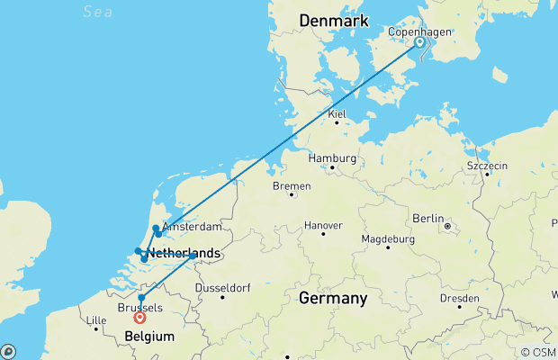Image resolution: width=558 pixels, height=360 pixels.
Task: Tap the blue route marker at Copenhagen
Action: (419, 41)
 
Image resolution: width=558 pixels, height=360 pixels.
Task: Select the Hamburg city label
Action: (331, 157)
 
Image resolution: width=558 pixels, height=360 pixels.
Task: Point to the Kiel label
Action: (337, 114)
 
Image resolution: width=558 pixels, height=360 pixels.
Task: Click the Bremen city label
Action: (292, 186)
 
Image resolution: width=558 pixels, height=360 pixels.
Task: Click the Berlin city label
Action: (428, 218)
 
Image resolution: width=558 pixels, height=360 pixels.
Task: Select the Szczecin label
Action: (487, 166)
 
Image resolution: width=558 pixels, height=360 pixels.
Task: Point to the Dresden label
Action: (459, 298)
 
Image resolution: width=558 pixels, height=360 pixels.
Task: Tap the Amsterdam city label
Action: (191, 229)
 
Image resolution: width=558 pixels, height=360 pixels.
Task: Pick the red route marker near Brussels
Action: (139, 317)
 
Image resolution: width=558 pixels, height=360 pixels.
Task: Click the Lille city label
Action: (94, 320)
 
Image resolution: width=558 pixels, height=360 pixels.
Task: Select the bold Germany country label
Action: (333, 298)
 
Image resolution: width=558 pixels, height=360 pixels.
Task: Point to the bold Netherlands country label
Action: (184, 253)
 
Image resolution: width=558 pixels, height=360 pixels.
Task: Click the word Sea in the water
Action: (97, 11)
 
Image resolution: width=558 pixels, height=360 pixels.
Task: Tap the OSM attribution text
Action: (544, 353)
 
